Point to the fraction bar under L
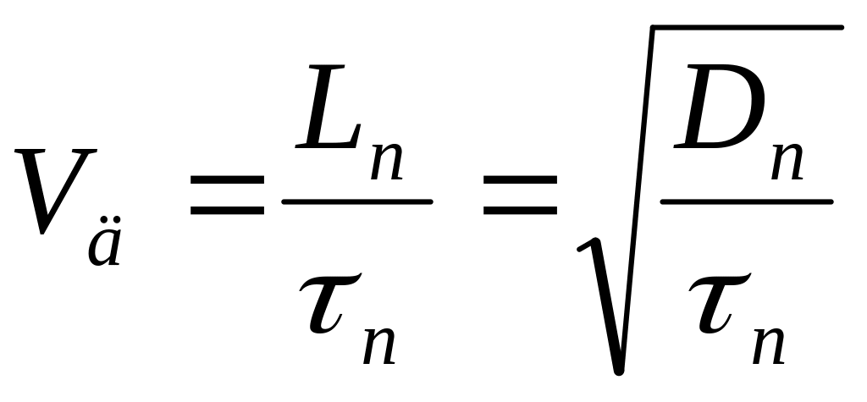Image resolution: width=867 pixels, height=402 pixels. coord(356,202)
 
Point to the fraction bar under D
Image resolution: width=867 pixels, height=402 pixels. coord(746,202)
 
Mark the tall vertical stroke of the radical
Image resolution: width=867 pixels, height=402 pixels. coord(637,195)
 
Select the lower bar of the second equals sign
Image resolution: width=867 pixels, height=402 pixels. coord(519,210)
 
